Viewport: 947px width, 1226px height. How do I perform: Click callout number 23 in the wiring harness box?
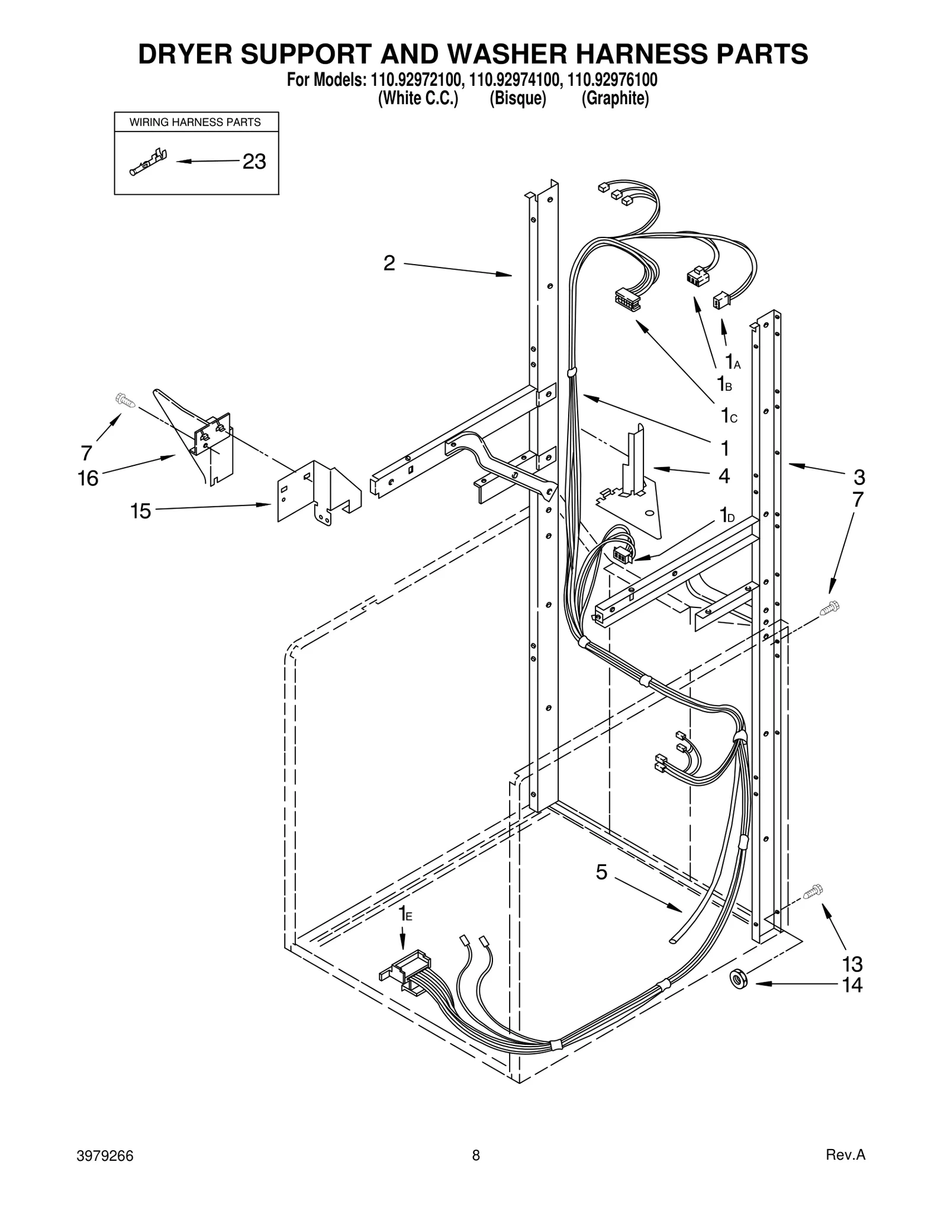point(254,161)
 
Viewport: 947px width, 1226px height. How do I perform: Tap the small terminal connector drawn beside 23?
point(148,162)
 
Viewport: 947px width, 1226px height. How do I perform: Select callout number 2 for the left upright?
point(389,263)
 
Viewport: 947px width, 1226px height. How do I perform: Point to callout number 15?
point(141,510)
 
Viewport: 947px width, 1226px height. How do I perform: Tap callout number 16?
point(88,478)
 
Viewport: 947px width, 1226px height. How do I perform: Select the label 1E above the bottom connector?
point(404,913)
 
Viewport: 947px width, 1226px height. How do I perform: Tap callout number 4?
point(724,475)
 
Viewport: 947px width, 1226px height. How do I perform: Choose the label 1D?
point(727,514)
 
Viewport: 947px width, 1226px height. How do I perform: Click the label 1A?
point(733,361)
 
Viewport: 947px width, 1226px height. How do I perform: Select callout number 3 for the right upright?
point(859,477)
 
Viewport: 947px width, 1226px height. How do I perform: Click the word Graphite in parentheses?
point(615,98)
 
